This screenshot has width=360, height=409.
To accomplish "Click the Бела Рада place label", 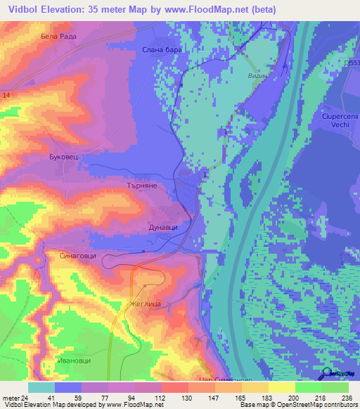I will pyautogui.click(x=58, y=36).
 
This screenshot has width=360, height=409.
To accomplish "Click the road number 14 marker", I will pyautogui.click(x=6, y=94).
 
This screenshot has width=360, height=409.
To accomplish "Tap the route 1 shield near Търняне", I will pyautogui.click(x=205, y=174).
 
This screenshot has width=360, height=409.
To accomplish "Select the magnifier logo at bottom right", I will pyautogui.click(x=327, y=375).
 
